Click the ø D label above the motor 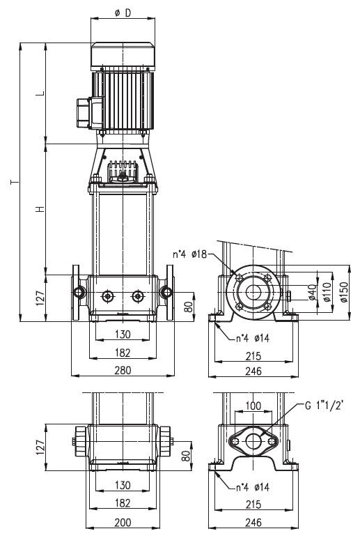(x=123, y=13)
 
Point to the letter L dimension (x=41, y=93)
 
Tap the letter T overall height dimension (x=15, y=182)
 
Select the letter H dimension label (x=41, y=209)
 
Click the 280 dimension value (x=123, y=370)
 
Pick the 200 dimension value (x=123, y=522)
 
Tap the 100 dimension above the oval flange (x=253, y=406)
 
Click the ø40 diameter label (x=312, y=292)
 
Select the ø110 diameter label (x=327, y=292)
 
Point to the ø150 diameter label (x=344, y=292)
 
